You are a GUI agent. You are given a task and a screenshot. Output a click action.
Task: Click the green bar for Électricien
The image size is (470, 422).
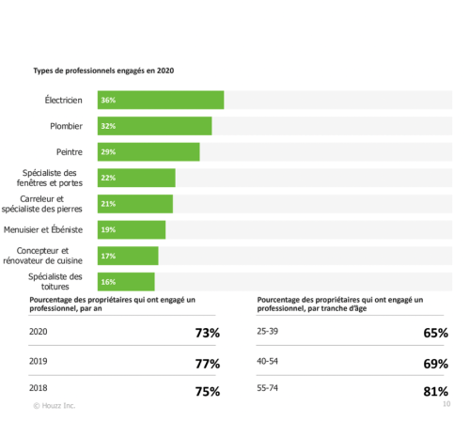(x=160, y=100)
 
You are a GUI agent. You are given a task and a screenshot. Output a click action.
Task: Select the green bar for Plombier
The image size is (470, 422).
(x=154, y=126)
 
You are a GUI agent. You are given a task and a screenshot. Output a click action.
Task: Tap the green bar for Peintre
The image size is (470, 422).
(x=148, y=151)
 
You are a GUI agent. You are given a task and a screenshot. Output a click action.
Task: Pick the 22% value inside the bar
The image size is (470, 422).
(x=107, y=178)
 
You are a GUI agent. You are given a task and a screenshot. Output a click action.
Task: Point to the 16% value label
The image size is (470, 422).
(x=107, y=282)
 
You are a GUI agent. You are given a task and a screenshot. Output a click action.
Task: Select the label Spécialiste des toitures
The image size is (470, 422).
(x=55, y=281)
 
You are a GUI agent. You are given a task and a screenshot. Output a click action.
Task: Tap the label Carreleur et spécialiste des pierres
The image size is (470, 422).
(x=55, y=203)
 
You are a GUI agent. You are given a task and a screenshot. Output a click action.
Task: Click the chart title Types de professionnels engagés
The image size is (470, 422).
(x=103, y=70)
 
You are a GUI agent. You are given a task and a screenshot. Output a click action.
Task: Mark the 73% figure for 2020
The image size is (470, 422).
(x=207, y=334)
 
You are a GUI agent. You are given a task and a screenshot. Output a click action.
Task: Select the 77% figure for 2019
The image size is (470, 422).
(x=207, y=364)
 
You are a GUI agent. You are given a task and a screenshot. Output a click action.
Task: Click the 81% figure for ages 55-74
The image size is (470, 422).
(x=435, y=391)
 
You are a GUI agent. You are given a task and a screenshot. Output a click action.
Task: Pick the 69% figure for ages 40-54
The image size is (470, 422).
(x=435, y=363)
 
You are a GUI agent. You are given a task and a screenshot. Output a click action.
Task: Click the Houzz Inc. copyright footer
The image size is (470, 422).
(x=55, y=406)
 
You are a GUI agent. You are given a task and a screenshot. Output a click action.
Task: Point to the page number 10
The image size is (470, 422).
(x=446, y=405)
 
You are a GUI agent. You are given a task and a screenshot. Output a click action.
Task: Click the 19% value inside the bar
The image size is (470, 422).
(x=107, y=229)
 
